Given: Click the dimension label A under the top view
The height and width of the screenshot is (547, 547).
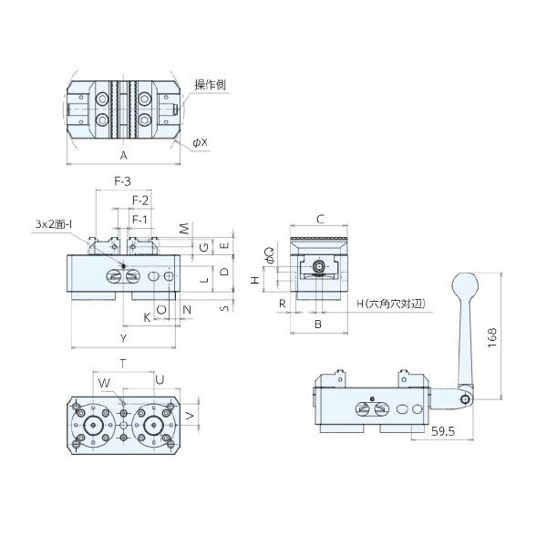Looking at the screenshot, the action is (123, 156).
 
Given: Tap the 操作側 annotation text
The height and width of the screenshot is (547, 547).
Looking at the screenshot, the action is (211, 85).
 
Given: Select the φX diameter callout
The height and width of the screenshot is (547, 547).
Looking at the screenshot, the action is (201, 142).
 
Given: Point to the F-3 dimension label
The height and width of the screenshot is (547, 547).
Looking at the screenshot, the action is (123, 181).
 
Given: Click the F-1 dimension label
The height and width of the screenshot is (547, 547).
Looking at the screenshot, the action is (139, 220).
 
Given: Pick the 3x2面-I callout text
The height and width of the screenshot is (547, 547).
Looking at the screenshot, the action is (54, 224).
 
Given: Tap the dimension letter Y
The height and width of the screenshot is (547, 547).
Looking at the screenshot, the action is (123, 338).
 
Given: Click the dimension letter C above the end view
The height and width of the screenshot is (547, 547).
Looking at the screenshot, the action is (320, 219).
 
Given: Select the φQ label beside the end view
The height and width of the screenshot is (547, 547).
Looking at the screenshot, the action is (270, 254).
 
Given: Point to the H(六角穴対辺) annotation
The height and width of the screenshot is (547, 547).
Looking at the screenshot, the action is (391, 304).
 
